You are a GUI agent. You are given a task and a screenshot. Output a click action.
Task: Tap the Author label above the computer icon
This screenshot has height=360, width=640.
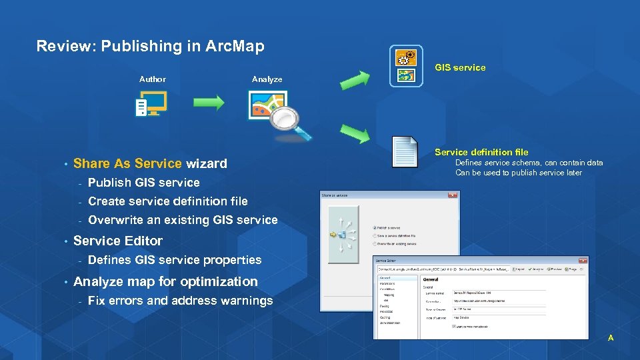pos(152,79)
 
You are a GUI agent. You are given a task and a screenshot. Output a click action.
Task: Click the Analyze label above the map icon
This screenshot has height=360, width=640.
pos(267,79)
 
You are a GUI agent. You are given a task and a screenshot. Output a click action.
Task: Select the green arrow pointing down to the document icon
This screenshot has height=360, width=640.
pos(355,133)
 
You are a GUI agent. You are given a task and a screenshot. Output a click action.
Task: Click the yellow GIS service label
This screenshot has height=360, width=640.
pos(460,67)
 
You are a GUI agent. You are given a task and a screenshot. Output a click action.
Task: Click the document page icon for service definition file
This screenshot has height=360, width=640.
pos(405,152)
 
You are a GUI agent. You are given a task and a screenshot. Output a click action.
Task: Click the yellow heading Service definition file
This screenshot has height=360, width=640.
pos(481,152)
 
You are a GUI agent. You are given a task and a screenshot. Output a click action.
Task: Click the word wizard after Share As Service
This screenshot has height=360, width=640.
pos(206,163)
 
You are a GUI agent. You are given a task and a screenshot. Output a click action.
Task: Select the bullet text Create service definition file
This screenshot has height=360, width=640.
pos(167,201)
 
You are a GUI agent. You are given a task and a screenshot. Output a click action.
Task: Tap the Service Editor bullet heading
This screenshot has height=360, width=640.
pos(118,241)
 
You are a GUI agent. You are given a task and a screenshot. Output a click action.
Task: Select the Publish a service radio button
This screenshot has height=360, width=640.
pos(375,227)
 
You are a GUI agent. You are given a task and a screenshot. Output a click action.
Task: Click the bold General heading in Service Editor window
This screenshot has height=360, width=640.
pos(431,279)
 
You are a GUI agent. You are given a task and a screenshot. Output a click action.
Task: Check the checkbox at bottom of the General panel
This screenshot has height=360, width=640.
pos(455,326)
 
